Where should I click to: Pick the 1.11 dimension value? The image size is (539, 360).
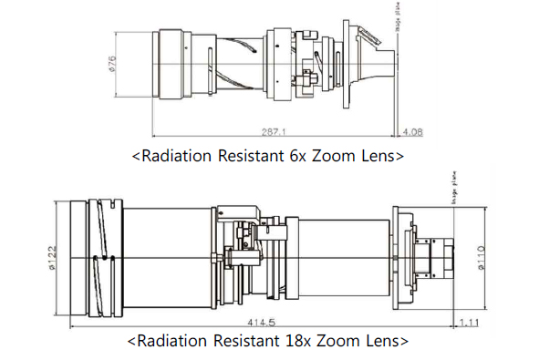472,322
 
